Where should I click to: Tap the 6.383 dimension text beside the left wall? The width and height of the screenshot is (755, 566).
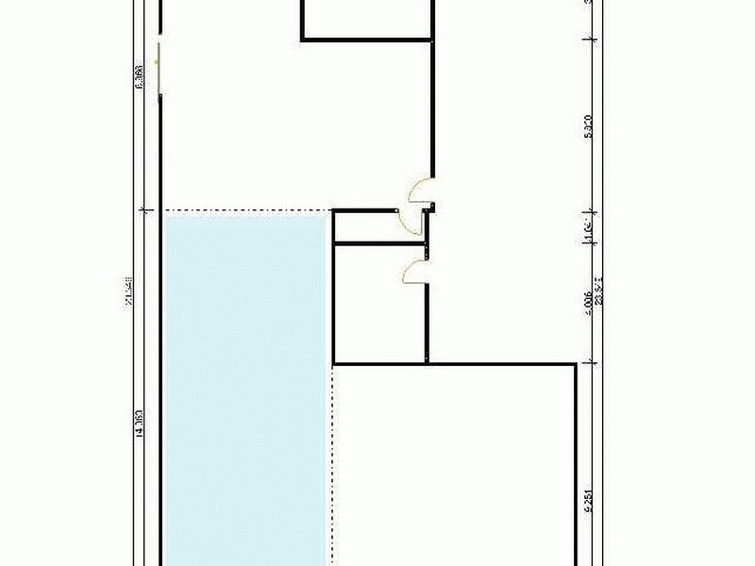point(140,75)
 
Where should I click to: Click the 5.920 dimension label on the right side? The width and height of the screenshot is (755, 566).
point(588,126)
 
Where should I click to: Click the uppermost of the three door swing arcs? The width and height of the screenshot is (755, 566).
point(416,191)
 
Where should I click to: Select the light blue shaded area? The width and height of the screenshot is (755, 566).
point(245,387)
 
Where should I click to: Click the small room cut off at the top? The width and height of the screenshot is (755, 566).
point(368,17)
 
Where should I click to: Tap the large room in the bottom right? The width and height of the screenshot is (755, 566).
point(453,462)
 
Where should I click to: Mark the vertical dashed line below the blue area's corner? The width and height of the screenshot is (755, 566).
point(333,462)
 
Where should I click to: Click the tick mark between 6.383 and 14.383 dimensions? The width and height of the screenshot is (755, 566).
point(143,209)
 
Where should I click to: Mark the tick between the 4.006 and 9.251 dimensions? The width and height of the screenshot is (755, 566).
point(590,362)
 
